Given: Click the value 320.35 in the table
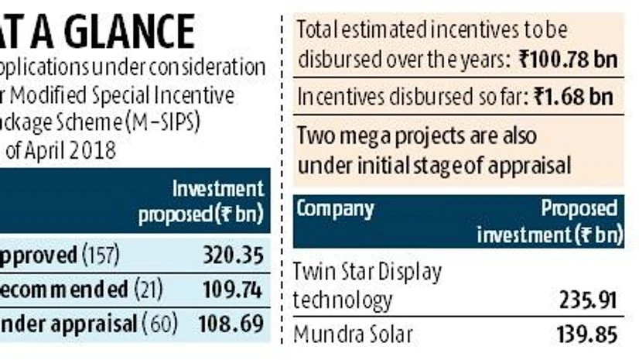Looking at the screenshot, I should (x=233, y=256).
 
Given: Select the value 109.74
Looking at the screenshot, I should (x=233, y=290).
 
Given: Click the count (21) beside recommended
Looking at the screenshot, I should (x=152, y=290).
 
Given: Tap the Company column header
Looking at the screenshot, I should (x=335, y=209).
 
